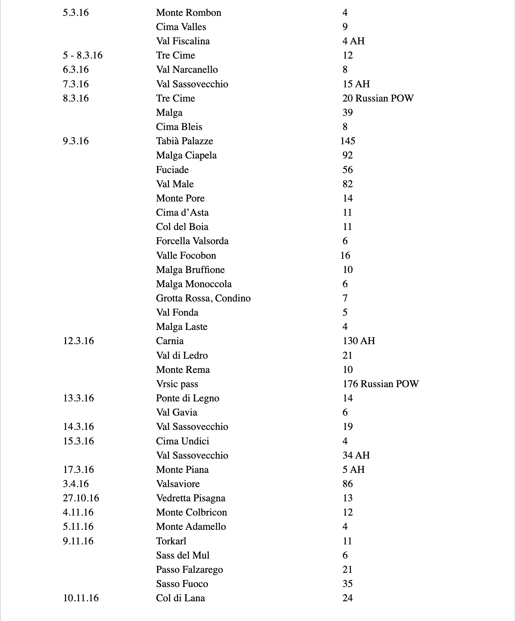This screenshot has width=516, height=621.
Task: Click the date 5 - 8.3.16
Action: tap(83, 55)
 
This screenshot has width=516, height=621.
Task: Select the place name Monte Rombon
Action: tap(188, 13)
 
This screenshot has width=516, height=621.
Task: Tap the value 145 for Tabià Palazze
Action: tap(348, 141)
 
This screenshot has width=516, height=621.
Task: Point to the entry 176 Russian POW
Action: tap(380, 384)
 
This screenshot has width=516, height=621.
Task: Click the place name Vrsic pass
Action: tap(177, 384)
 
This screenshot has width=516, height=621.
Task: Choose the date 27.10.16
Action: tap(81, 498)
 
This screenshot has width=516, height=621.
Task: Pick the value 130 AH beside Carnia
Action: tap(359, 341)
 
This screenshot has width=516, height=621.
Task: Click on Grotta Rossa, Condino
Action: tap(203, 298)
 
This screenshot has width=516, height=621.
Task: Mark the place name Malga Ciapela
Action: tap(186, 155)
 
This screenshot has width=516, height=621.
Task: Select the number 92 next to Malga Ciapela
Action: tap(347, 155)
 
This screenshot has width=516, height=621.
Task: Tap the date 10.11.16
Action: tap(81, 598)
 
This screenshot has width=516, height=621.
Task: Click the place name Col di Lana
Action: tap(180, 598)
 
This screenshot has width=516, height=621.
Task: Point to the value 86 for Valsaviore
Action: tap(347, 484)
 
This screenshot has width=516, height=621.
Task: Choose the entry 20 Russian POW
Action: tap(378, 98)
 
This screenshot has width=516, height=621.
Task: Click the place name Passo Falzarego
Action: tap(189, 570)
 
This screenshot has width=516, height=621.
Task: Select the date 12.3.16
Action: tap(78, 341)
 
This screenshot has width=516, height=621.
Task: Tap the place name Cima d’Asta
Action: tap(182, 212)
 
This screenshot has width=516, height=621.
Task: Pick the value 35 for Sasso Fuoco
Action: tap(347, 584)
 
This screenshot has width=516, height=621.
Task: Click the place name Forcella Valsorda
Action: tap(192, 241)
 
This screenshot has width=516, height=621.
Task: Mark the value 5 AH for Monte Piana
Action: tap(353, 470)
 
